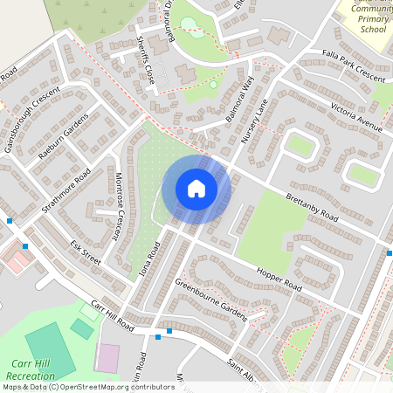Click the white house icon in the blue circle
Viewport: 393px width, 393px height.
pyautogui.click(x=196, y=189)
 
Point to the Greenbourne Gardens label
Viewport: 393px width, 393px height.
pyautogui.click(x=210, y=299)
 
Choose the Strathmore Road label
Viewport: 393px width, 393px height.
pyautogui.click(x=66, y=191)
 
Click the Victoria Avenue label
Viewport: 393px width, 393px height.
pyautogui.click(x=356, y=119)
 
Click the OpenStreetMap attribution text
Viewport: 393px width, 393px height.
pyautogui.click(x=89, y=386)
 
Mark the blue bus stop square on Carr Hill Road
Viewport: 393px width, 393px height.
pyautogui.click(x=157, y=336)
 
